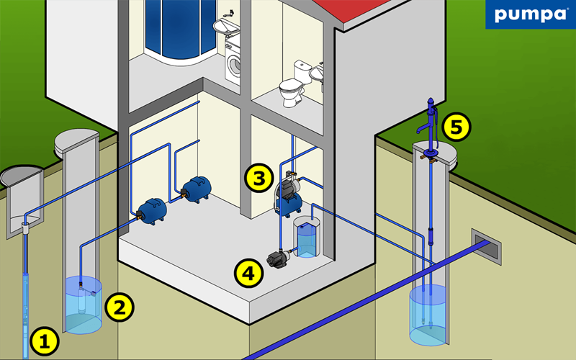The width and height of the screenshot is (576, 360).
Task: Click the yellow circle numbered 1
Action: (45, 341)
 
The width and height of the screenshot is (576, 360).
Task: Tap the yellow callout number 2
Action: (120, 307)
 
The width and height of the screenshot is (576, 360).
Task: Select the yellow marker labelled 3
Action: (259, 178)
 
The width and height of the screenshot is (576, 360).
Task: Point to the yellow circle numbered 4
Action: (248, 273)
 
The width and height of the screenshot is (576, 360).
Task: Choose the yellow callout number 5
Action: (456, 127)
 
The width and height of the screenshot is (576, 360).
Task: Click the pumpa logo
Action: (531, 14)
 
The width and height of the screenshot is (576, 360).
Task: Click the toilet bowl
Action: (292, 92)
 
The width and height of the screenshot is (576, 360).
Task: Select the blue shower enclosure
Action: (181, 30)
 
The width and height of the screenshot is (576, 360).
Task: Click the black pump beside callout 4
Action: (278, 258)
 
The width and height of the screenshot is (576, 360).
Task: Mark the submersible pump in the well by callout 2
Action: (82, 300)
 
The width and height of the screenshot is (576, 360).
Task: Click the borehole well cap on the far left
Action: (22, 176)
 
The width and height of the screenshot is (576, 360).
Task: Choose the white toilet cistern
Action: (302, 71)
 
